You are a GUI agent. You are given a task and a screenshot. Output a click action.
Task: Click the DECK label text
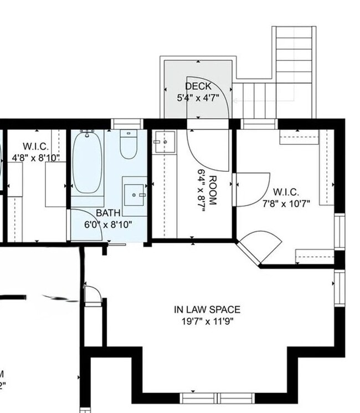pyautogui.click(x=198, y=86)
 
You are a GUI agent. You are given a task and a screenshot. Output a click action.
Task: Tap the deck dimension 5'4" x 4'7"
pyautogui.click(x=198, y=98)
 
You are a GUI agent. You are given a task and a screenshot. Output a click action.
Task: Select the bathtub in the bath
pyautogui.click(x=88, y=162)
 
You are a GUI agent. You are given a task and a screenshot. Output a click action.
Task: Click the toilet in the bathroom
pyautogui.click(x=128, y=145)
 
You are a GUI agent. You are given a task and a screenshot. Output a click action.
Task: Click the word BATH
pyautogui.click(x=107, y=213)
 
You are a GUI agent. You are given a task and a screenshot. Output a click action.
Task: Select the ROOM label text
pyautogui.click(x=211, y=188)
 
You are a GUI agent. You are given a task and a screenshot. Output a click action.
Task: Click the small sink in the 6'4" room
pyautogui.click(x=164, y=142)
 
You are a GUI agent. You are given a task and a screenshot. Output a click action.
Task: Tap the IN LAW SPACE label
pyautogui.click(x=207, y=310)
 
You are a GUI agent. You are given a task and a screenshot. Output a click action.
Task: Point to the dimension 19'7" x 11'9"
pyautogui.click(x=207, y=321)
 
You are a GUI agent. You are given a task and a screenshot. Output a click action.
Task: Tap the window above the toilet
pyautogui.click(x=127, y=124)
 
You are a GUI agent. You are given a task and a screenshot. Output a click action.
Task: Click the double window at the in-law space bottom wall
pyautogui.click(x=218, y=397)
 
